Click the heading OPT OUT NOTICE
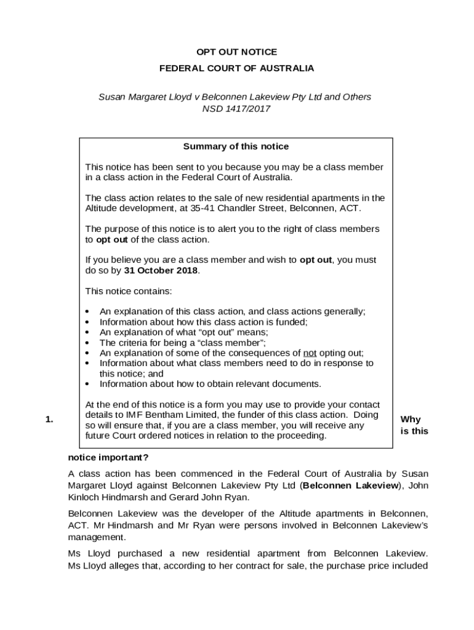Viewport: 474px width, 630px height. [236, 52]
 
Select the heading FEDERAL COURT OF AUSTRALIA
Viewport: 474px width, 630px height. [236, 68]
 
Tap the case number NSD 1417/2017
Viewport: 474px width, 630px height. [236, 109]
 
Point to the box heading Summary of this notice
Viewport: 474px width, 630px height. [236, 146]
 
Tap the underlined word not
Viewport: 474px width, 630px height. [310, 353]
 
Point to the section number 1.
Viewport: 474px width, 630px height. [50, 420]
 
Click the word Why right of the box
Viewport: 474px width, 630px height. [411, 420]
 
